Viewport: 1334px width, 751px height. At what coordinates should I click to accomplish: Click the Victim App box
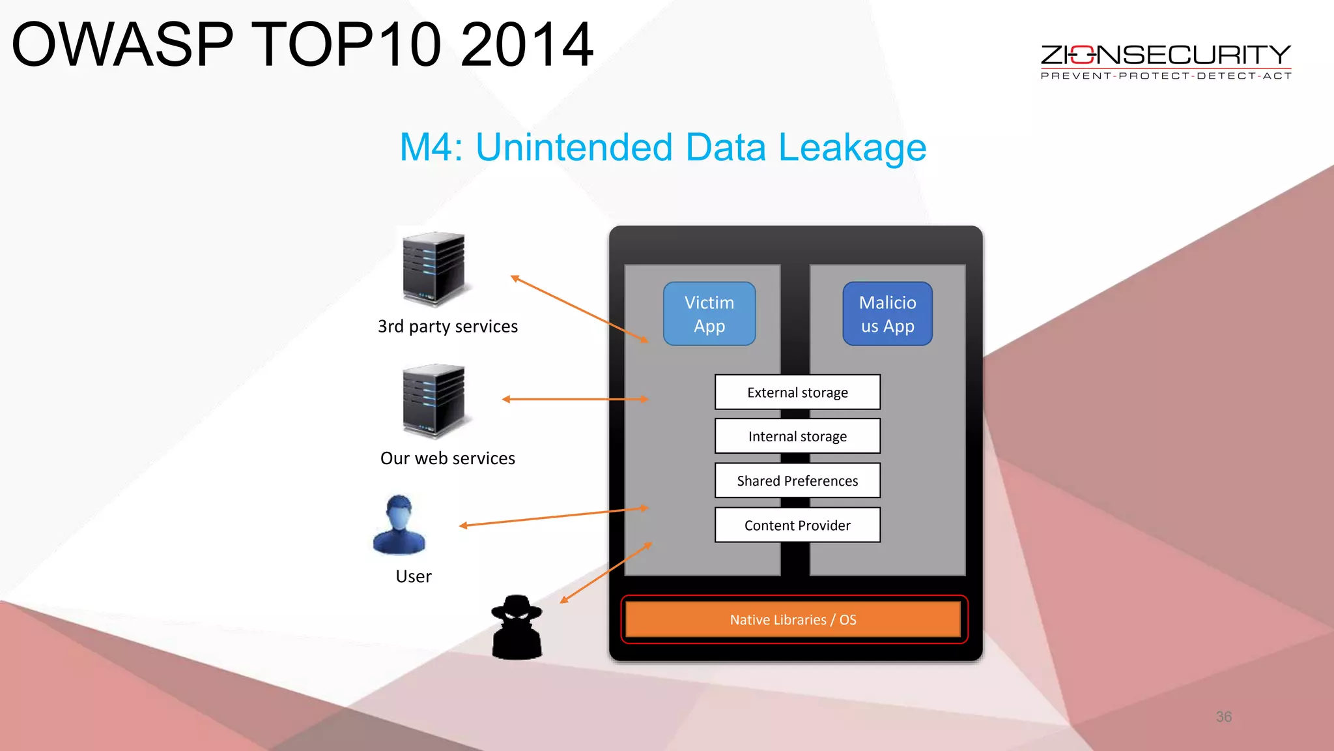pos(709,314)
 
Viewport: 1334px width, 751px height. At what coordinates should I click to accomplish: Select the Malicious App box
pos(887,314)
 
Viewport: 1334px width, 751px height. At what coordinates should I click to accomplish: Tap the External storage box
pos(797,392)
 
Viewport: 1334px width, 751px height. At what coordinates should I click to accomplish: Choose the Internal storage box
pos(797,436)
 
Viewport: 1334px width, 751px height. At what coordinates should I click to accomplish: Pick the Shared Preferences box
pos(797,480)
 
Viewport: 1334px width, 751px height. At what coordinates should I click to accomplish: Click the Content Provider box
pos(797,525)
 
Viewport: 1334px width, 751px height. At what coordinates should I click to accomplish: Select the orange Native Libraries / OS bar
pos(793,619)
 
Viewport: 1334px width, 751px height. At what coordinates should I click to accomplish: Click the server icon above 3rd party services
pos(434,269)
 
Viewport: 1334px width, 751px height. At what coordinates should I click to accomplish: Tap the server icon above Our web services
pos(434,400)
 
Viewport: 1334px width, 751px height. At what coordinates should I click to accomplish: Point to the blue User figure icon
pos(399,525)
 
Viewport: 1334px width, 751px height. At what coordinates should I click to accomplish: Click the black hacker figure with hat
pos(517,627)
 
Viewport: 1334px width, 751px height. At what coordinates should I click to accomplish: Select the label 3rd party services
pos(447,326)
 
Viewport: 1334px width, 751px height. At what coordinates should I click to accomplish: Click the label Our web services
pos(447,458)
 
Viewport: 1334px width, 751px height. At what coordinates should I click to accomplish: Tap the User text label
pos(414,576)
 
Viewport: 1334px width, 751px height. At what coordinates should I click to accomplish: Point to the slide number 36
pos(1223,716)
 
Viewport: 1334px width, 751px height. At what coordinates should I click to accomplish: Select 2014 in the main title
pos(526,44)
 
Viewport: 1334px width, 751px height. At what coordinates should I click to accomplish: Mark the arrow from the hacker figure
pos(606,572)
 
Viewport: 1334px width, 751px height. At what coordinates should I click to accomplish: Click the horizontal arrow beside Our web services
pos(575,399)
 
